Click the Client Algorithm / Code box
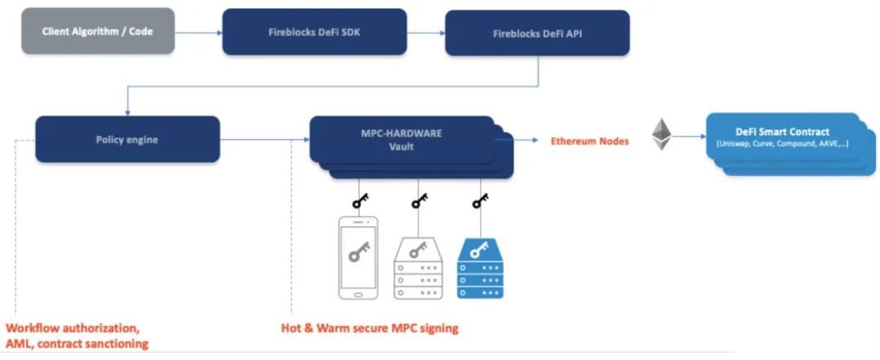tap(97, 31)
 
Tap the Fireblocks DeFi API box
tap(537, 33)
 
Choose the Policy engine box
tap(127, 139)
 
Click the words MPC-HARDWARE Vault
tap(401, 139)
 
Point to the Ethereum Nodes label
tap(590, 141)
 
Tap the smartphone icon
tap(358, 257)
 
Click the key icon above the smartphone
tap(358, 200)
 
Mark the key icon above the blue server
tap(480, 200)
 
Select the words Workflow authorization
tap(73, 328)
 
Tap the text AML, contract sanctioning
tap(77, 344)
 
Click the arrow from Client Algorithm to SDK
tap(198, 33)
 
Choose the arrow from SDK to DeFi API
tap(425, 33)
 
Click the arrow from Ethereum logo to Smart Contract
tap(690, 136)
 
